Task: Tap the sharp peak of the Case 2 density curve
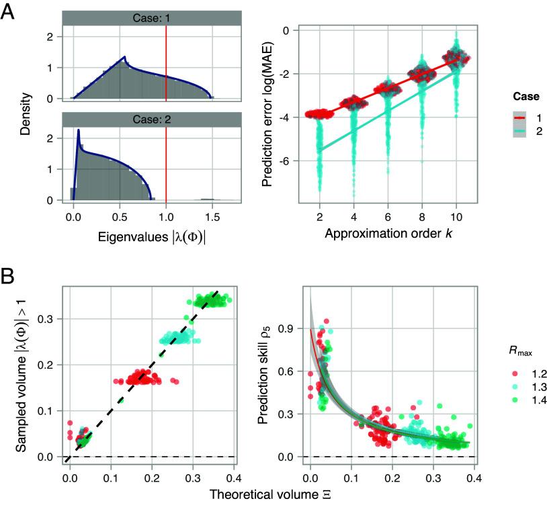pos(79,130)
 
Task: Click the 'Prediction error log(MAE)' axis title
pos(265,114)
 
